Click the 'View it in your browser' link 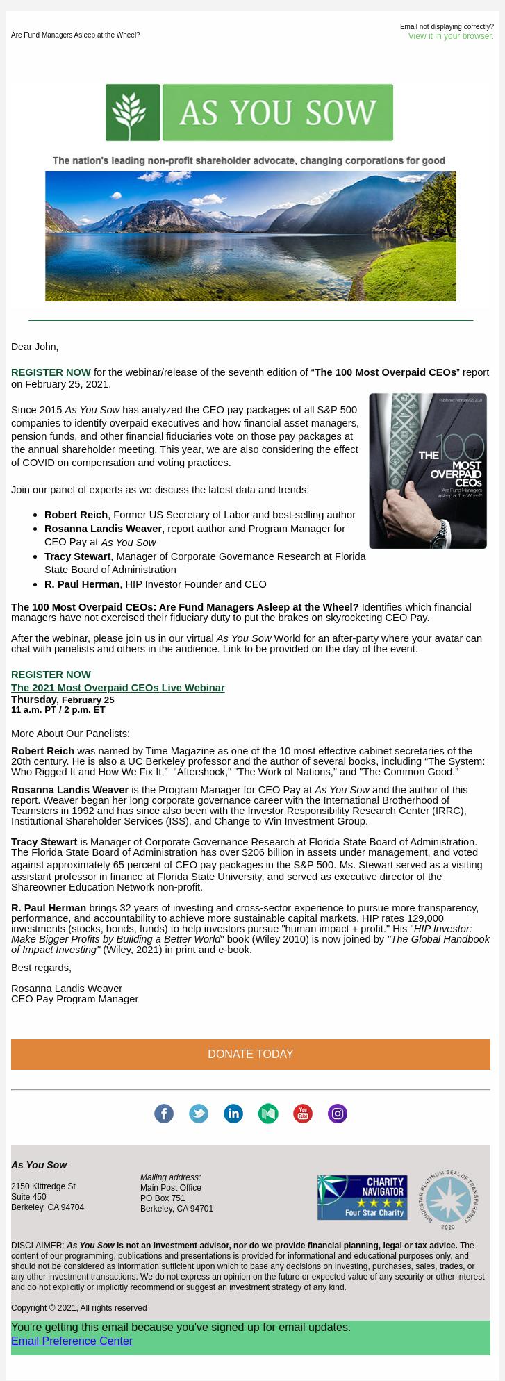tap(450, 36)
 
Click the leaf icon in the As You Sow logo tap(133, 113)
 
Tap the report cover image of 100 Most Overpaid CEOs tap(427, 471)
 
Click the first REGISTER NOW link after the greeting tap(51, 372)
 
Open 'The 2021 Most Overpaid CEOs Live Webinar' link tap(117, 688)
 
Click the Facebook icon tap(164, 1114)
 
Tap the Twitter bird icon tap(199, 1114)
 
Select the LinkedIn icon tap(233, 1114)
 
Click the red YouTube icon tap(303, 1114)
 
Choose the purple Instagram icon tap(338, 1114)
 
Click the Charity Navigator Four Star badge tap(362, 1197)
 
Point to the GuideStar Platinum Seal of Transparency tap(448, 1198)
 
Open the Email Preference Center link tap(72, 1341)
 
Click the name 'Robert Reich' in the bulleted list tap(76, 515)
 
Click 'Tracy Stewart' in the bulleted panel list tap(77, 556)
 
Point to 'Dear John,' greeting tap(35, 347)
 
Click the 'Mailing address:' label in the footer tap(170, 1177)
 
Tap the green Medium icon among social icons tap(268, 1114)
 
